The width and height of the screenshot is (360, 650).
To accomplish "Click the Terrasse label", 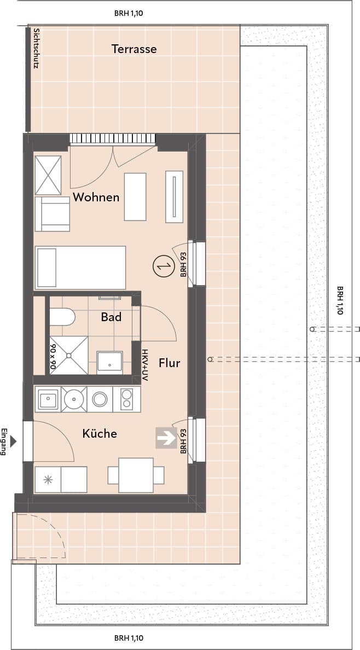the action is pyautogui.click(x=134, y=49).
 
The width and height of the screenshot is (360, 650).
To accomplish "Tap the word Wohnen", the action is pyautogui.click(x=96, y=198).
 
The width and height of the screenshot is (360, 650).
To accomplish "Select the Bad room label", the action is pyautogui.click(x=111, y=317).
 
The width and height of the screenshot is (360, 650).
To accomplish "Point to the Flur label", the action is pyautogui.click(x=169, y=363).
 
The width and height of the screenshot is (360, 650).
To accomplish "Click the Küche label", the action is pyautogui.click(x=100, y=434).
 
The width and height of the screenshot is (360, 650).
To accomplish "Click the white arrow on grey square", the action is pyautogui.click(x=166, y=438).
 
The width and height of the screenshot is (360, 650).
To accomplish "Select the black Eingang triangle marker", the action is pyautogui.click(x=13, y=441).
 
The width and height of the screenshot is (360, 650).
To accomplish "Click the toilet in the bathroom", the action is pyautogui.click(x=62, y=317).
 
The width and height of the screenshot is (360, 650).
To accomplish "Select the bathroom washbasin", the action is pyautogui.click(x=109, y=363).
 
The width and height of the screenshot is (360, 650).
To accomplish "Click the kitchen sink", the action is pyautogui.click(x=48, y=399).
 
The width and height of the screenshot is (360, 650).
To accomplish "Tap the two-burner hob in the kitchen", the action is pyautogui.click(x=126, y=399).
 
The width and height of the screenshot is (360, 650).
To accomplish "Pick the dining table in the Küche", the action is pyautogui.click(x=136, y=475).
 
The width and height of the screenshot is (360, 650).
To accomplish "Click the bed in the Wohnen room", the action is pyautogui.click(x=80, y=268).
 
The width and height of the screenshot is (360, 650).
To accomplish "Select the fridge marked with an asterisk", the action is pyautogui.click(x=48, y=480).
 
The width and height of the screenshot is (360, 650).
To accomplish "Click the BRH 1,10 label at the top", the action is pyautogui.click(x=129, y=13).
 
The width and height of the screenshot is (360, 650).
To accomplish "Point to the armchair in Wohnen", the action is pyautogui.click(x=53, y=213).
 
